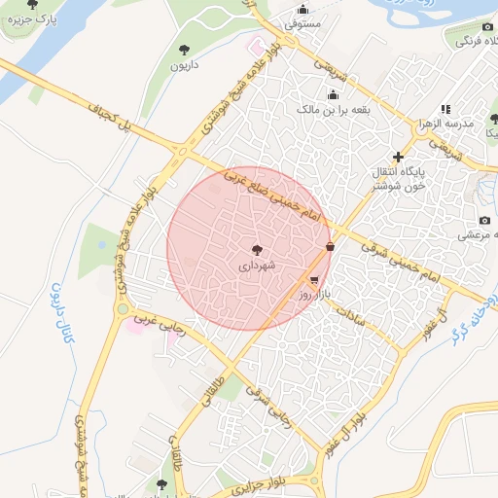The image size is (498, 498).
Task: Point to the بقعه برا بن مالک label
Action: coord(330,110)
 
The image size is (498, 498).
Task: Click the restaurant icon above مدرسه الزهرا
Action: coord(445,110)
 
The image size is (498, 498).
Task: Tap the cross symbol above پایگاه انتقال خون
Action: coord(397,157)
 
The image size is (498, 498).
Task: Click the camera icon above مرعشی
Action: coord(484,221)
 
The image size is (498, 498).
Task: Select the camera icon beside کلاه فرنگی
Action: coord(488,26)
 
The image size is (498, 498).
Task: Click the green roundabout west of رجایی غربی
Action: coord(123,308)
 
